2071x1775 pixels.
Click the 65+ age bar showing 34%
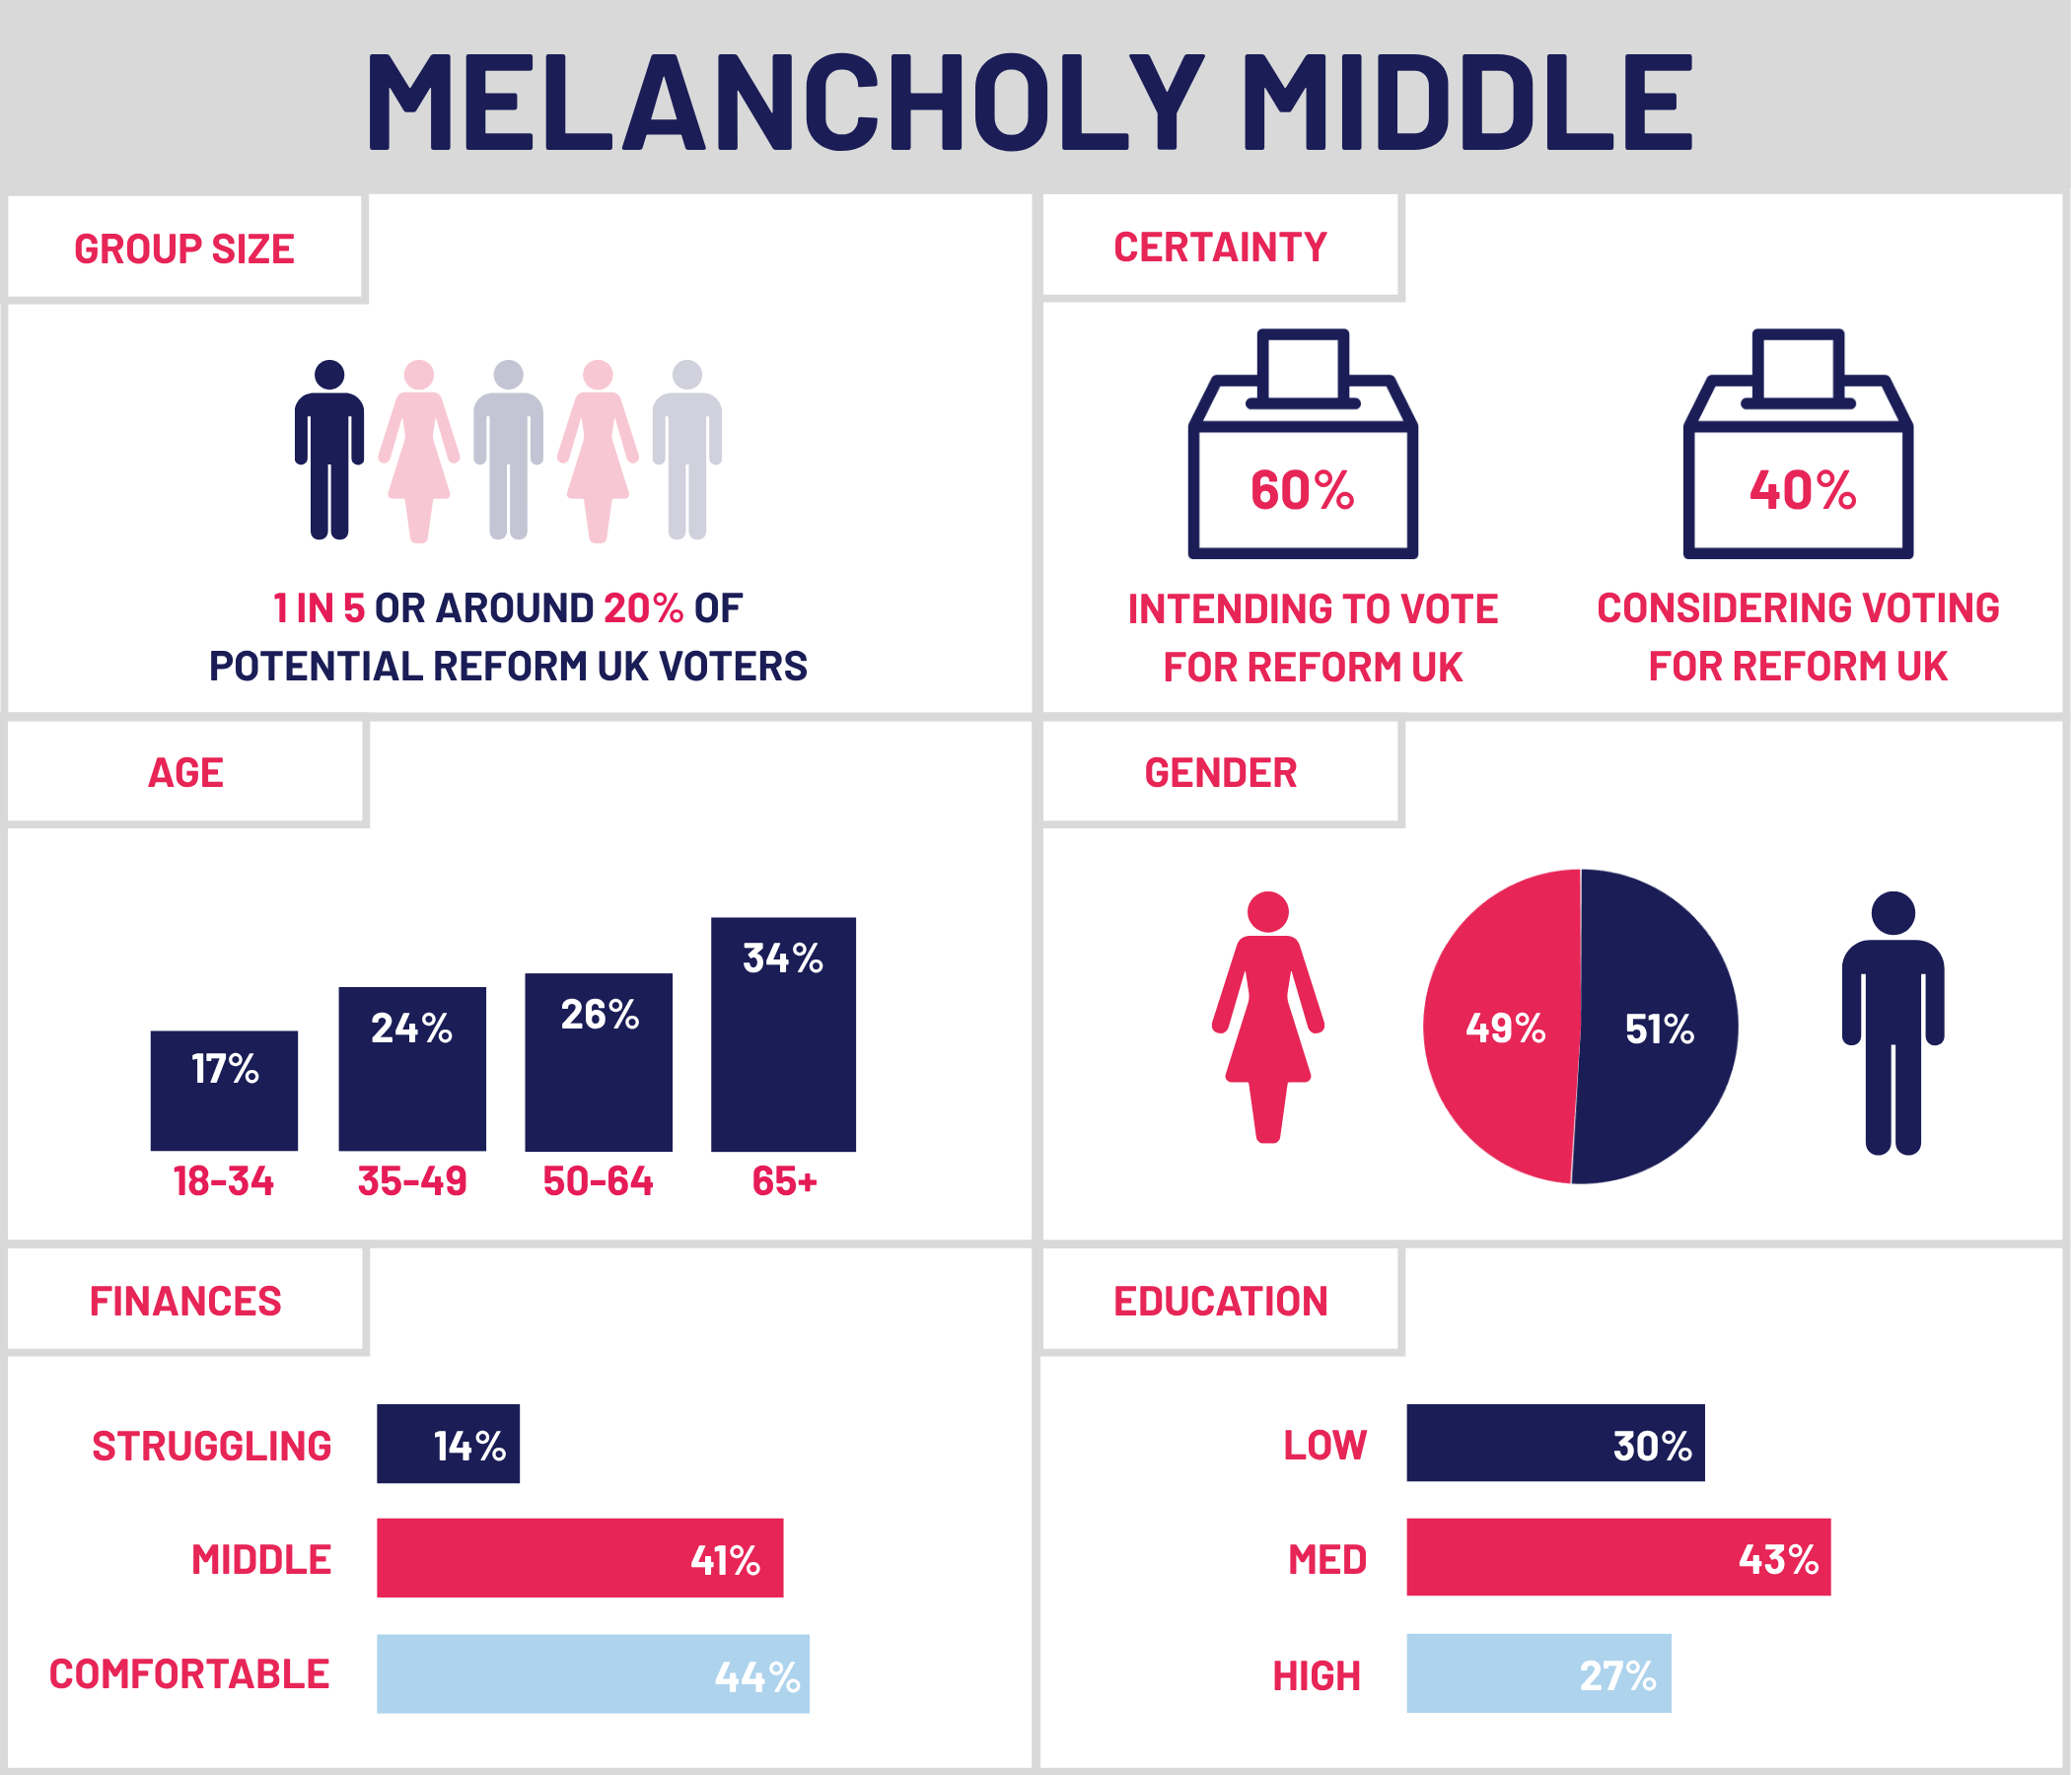[783, 1034]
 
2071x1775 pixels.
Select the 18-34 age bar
[224, 1091]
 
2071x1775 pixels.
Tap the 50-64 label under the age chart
[598, 1181]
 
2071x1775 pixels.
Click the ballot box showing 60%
[1303, 445]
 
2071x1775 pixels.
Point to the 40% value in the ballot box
[1802, 490]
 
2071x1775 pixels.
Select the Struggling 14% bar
[448, 1445]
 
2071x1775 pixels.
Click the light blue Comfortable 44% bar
[593, 1674]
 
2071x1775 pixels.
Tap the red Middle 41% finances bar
[580, 1558]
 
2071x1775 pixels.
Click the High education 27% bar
[1538, 1673]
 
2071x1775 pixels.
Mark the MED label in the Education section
[1326, 1559]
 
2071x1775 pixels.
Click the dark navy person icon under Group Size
[328, 450]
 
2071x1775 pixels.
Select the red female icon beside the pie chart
[1267, 1017]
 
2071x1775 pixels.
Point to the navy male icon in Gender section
[1892, 1023]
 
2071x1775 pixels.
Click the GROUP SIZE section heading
[183, 248]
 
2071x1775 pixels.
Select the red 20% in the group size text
[643, 607]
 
